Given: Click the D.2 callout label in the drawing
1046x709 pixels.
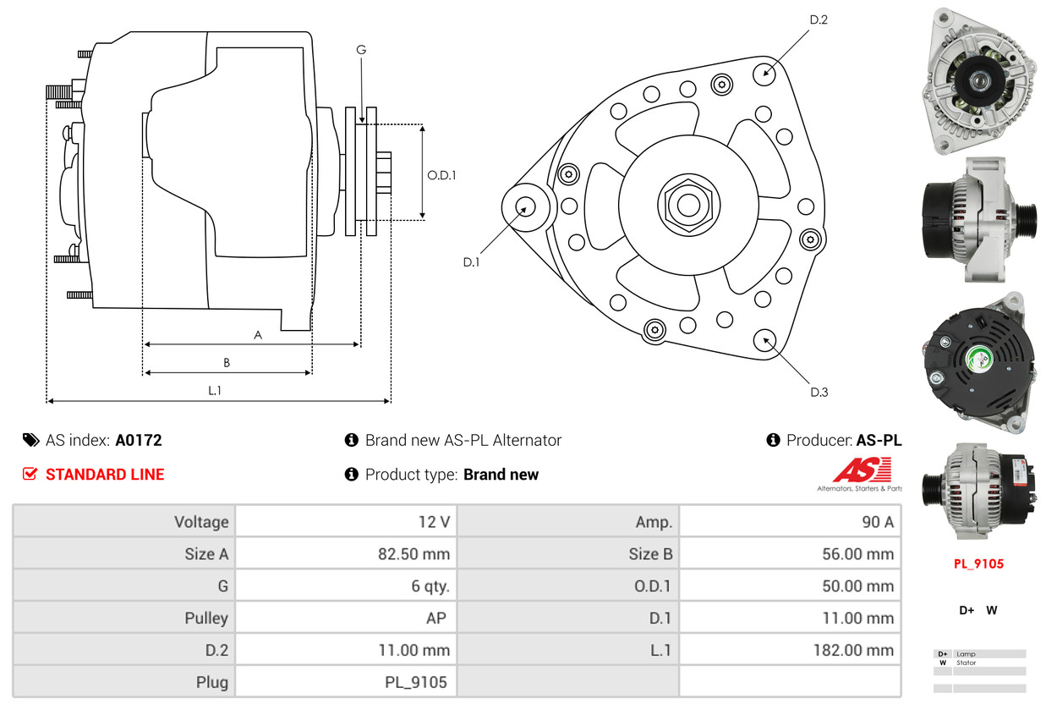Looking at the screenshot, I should click(818, 19).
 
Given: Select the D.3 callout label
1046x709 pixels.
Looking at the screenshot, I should click(819, 392).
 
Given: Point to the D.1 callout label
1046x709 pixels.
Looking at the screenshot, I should click(471, 262).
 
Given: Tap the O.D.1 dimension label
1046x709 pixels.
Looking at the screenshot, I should click(441, 175).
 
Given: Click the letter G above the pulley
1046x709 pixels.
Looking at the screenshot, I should click(361, 50).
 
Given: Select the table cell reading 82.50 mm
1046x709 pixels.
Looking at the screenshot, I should click(413, 554).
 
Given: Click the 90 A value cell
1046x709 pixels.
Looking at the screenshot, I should click(877, 522).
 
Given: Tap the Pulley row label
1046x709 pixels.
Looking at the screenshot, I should click(206, 618).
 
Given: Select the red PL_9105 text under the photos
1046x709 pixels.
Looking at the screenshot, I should click(978, 563).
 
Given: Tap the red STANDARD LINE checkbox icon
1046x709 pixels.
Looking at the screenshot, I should click(30, 474).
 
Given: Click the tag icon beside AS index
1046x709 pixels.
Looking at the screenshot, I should click(30, 440).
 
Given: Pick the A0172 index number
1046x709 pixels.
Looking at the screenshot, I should click(139, 440).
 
